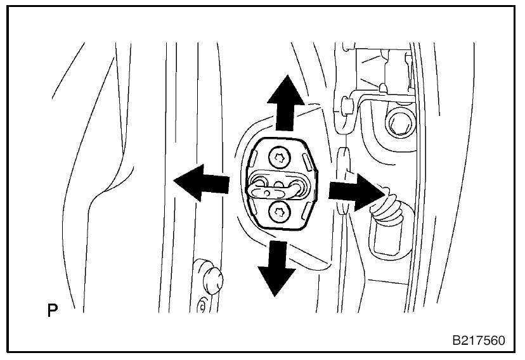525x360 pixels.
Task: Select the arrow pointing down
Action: pos(276,269)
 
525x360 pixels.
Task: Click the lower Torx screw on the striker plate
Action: pos(277,213)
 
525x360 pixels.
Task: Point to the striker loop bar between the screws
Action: pos(279,186)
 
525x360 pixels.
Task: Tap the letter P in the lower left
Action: pos(53,311)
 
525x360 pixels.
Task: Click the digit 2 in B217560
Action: pos(462,340)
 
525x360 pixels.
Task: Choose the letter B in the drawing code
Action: pos(453,340)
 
